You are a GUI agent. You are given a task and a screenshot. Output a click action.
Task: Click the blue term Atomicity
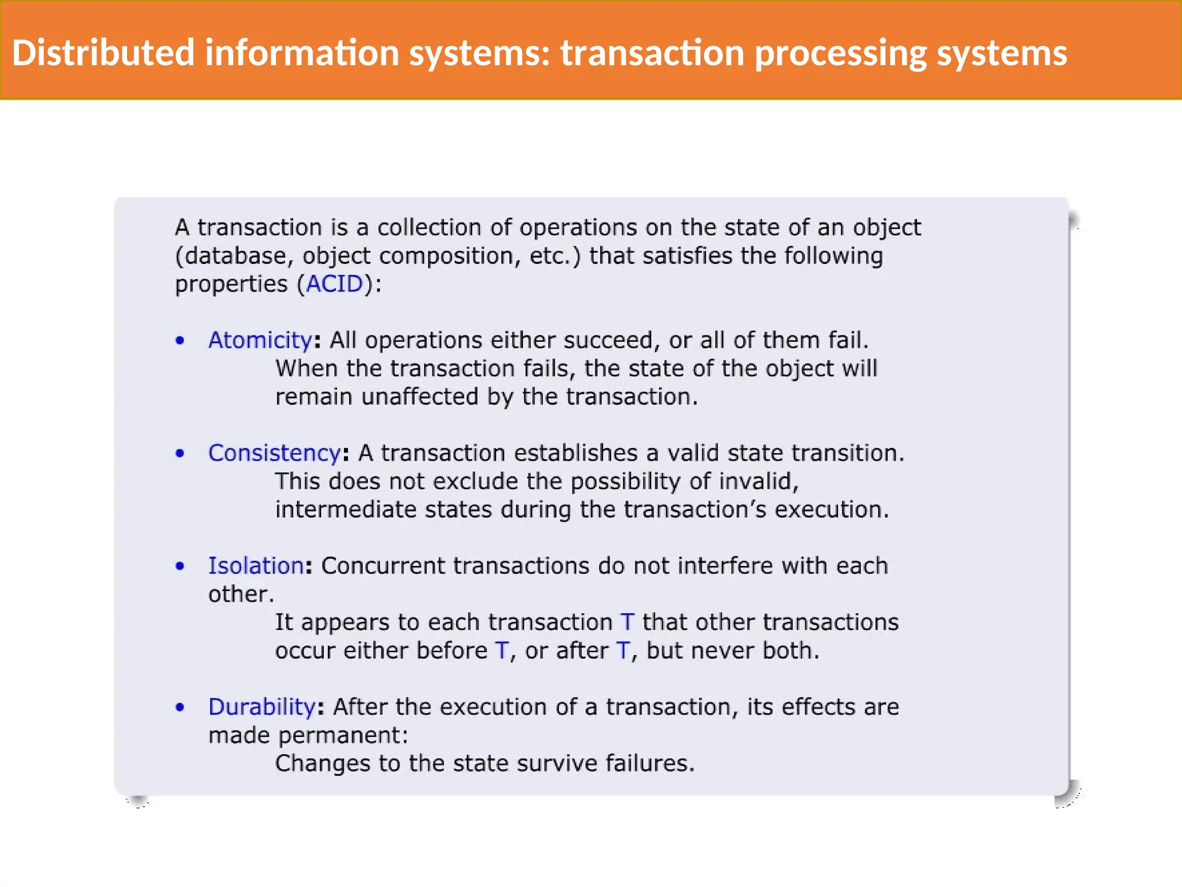pos(260,340)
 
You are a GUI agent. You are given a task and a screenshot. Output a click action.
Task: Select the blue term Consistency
pos(274,453)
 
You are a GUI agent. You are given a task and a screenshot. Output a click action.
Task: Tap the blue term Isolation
pos(256,565)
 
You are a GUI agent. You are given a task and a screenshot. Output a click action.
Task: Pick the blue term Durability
pos(261,707)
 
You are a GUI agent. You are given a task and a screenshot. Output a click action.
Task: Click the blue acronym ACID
pos(334,284)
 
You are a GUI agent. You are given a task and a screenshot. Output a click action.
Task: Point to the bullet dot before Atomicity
pos(180,341)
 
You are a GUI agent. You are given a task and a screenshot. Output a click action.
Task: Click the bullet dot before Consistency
pos(180,453)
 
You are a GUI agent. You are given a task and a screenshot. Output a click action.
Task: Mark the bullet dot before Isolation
pos(180,566)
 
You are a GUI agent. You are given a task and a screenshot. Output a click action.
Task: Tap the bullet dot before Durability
pos(180,707)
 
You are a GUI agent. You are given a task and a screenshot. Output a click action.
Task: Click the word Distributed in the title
pos(103,53)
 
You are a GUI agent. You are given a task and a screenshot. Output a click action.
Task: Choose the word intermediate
pos(345,509)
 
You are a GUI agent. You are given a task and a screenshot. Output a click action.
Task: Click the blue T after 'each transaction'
pos(627,622)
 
